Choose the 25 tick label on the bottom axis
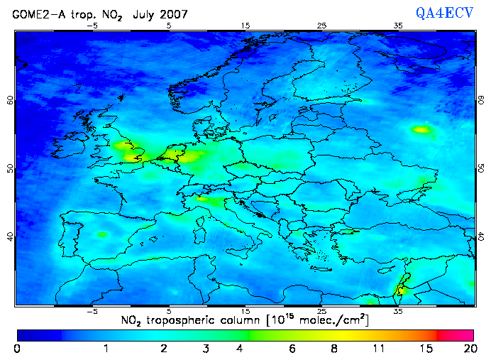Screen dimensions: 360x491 [321, 311]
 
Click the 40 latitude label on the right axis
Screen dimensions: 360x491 [481, 236]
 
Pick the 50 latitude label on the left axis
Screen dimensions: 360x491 [9, 168]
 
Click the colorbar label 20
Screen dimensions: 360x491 [468, 349]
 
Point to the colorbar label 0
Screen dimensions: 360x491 [17, 349]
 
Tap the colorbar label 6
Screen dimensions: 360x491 [292, 349]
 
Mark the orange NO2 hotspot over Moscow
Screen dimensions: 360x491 [422, 129]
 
